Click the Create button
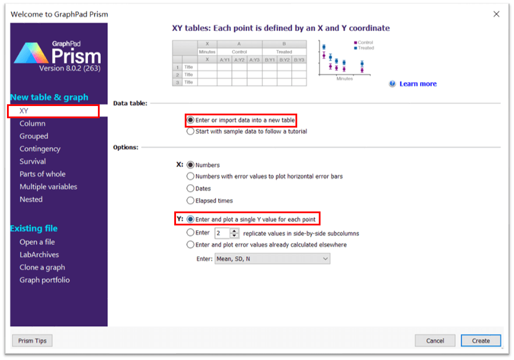pyautogui.click(x=481, y=341)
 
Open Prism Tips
pyautogui.click(x=32, y=341)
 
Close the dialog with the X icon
pyautogui.click(x=497, y=14)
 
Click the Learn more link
pyautogui.click(x=418, y=84)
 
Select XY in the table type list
pyautogui.click(x=23, y=111)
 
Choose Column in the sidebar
pyautogui.click(x=33, y=123)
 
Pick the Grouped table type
pyautogui.click(x=34, y=136)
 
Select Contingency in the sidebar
pyautogui.click(x=40, y=149)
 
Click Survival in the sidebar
pyautogui.click(x=33, y=161)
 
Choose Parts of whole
pyautogui.click(x=43, y=174)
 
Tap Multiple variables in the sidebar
pyautogui.click(x=48, y=187)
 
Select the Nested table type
pyautogui.click(x=31, y=199)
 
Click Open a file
pyautogui.click(x=37, y=242)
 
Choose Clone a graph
pyautogui.click(x=43, y=267)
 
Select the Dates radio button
pyautogui.click(x=190, y=188)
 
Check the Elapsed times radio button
pyautogui.click(x=190, y=200)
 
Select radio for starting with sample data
pyautogui.click(x=190, y=131)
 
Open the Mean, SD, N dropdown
pyautogui.click(x=272, y=259)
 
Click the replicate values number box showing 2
pyautogui.click(x=223, y=233)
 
